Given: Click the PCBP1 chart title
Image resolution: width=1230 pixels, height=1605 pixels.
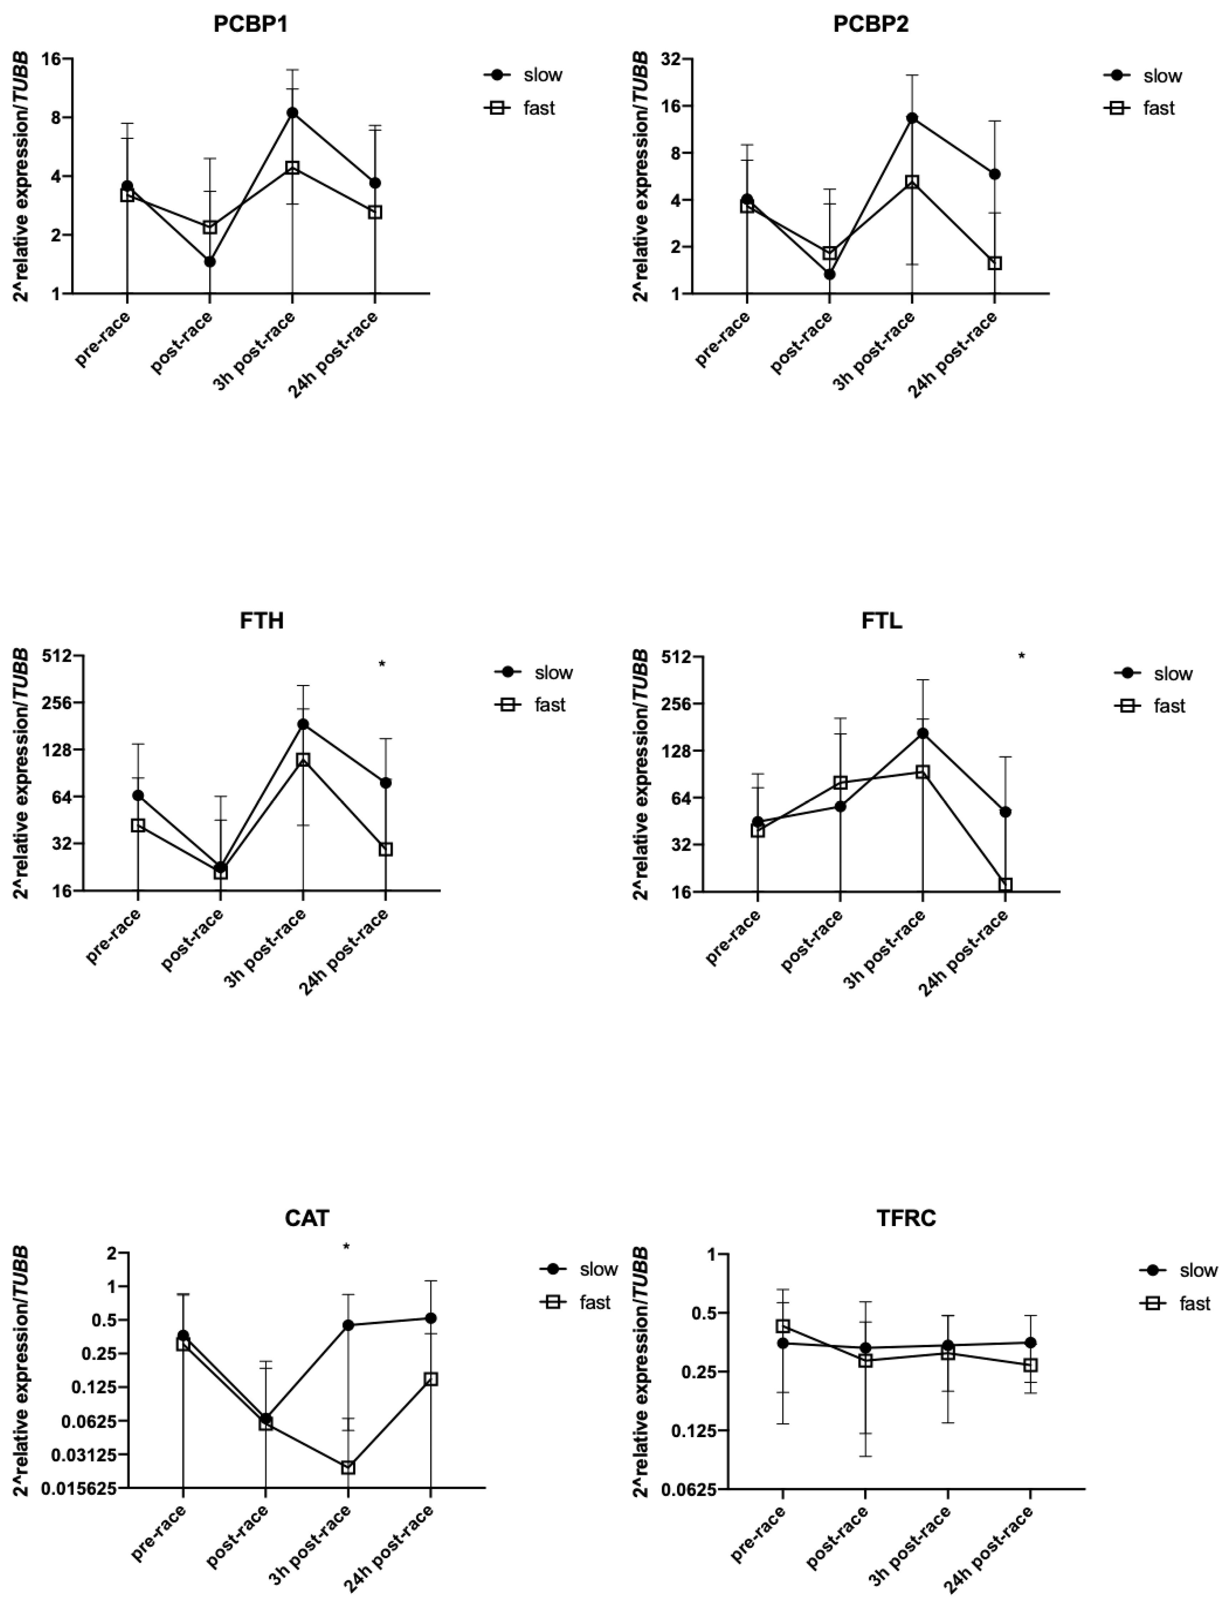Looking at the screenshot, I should click(x=250, y=24).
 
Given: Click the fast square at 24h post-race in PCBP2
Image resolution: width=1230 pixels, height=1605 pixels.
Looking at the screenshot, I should click(x=994, y=263).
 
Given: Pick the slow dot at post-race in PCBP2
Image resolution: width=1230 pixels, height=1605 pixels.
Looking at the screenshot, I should click(x=829, y=274).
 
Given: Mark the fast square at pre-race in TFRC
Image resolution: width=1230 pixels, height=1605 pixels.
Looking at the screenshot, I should click(x=783, y=1326).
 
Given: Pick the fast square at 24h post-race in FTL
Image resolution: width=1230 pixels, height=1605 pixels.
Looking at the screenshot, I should click(x=1005, y=885).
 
